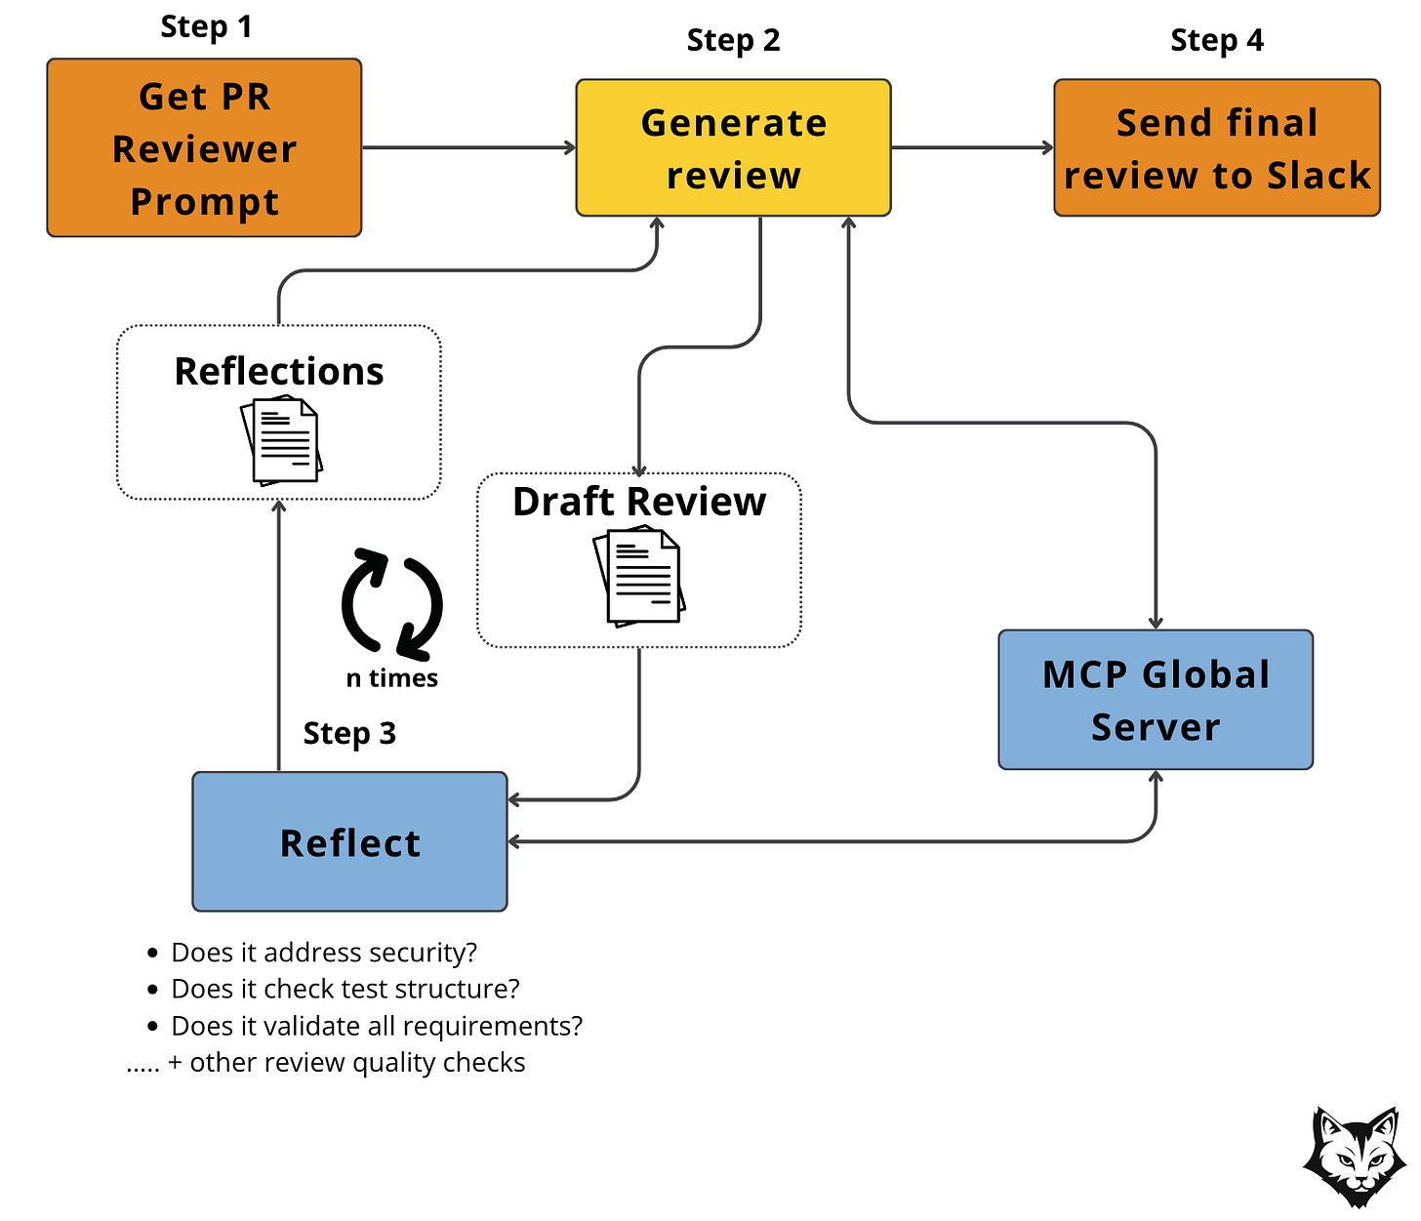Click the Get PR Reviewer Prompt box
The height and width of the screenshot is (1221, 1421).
point(204,147)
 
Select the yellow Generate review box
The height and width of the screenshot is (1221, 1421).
point(733,147)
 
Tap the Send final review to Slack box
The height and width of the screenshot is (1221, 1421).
point(1216,147)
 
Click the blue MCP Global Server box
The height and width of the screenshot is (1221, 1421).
point(1155,700)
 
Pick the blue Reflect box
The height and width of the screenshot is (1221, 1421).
point(349,841)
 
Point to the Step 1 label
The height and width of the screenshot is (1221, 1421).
point(206,27)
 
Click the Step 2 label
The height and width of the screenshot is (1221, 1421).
point(733,41)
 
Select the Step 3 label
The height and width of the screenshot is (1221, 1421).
point(349,733)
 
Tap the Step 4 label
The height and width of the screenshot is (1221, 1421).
point(1216,41)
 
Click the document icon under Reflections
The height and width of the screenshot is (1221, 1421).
point(281,442)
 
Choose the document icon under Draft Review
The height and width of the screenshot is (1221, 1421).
point(639,576)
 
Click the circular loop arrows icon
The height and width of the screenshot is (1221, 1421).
point(391,603)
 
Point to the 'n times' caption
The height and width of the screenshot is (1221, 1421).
point(391,678)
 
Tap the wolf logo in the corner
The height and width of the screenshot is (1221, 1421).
point(1354,1158)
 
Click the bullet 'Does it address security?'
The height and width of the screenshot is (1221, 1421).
point(323,953)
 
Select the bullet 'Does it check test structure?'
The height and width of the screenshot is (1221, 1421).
point(345,989)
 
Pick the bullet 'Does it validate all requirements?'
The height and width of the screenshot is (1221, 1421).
point(376,1026)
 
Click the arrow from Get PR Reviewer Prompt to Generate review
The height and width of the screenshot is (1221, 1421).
point(468,147)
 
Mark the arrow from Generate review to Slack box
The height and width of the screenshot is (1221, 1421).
point(972,147)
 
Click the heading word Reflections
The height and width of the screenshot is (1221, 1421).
point(278,372)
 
